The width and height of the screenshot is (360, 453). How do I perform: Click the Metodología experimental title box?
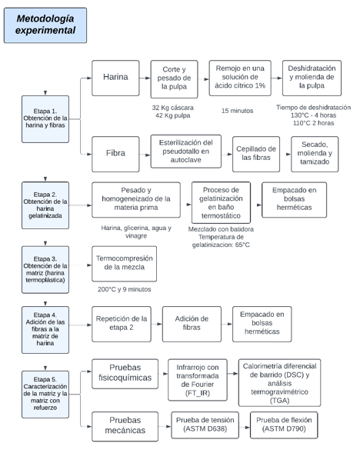pyautogui.click(x=45, y=25)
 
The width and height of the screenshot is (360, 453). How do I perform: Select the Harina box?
pyautogui.click(x=115, y=78)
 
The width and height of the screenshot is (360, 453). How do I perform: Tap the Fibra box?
pyautogui.click(x=115, y=154)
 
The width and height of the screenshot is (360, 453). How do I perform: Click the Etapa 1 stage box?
pyautogui.click(x=45, y=119)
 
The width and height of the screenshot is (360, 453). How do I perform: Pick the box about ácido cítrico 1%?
pyautogui.click(x=240, y=78)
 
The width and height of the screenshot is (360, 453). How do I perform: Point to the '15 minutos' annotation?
pyautogui.click(x=237, y=111)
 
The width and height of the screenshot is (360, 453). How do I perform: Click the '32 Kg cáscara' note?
pyautogui.click(x=173, y=108)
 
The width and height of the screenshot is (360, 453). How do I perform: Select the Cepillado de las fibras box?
pyautogui.click(x=256, y=154)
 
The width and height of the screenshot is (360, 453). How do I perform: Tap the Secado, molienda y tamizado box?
pyautogui.click(x=315, y=154)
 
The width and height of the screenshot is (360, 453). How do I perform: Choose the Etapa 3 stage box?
pyautogui.click(x=45, y=269)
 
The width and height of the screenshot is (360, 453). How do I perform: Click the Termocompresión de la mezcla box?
pyautogui.click(x=125, y=264)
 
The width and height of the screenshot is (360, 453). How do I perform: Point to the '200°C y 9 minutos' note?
pyautogui.click(x=125, y=289)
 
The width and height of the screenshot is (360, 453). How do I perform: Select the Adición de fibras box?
pyautogui.click(x=192, y=324)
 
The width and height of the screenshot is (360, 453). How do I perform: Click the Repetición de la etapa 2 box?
pyautogui.click(x=122, y=324)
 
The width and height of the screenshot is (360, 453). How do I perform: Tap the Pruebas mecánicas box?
pyautogui.click(x=125, y=426)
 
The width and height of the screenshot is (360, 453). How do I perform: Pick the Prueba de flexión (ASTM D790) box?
pyautogui.click(x=284, y=425)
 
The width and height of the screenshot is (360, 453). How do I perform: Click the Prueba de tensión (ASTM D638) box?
pyautogui.click(x=205, y=425)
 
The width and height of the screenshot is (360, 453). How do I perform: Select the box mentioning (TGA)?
pyautogui.click(x=280, y=382)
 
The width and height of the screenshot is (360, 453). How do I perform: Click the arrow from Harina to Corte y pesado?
pyautogui.click(x=145, y=78)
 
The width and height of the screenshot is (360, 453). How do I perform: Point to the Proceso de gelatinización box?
pyautogui.click(x=221, y=202)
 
